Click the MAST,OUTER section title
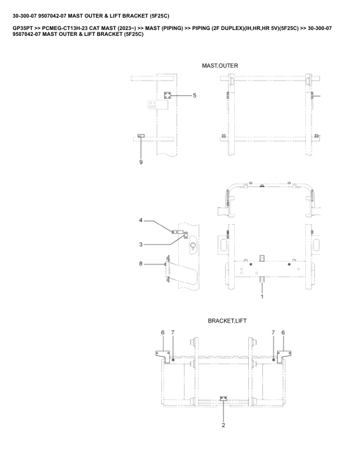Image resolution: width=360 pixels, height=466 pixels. (x=220, y=66)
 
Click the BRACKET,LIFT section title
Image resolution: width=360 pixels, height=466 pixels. (x=227, y=321)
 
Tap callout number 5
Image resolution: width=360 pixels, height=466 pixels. (x=195, y=96)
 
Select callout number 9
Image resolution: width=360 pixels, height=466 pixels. (x=141, y=162)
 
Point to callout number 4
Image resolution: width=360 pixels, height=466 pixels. (x=141, y=220)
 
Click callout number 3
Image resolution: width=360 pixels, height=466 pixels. (x=141, y=245)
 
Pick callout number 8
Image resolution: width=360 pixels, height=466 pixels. (x=141, y=264)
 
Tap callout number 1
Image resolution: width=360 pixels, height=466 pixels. (x=262, y=297)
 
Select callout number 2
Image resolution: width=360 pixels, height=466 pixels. (x=224, y=425)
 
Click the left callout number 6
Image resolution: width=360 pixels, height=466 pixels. (x=163, y=332)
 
